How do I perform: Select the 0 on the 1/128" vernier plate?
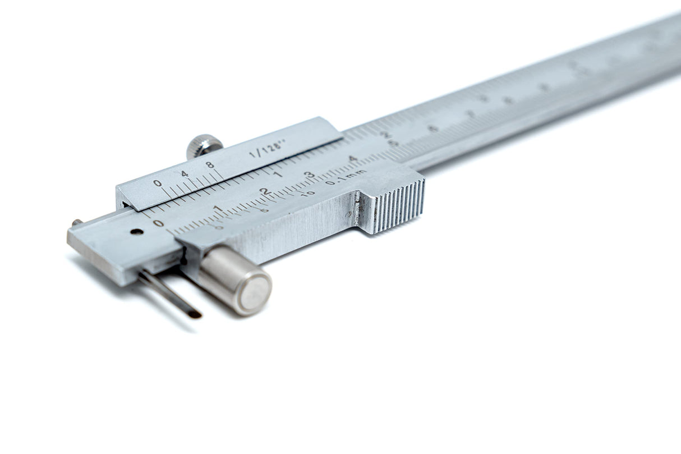click(157, 183)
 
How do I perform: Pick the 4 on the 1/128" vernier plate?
click(185, 174)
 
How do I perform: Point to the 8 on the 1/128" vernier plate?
click(210, 166)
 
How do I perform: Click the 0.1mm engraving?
click(346, 177)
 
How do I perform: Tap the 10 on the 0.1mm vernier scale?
click(309, 192)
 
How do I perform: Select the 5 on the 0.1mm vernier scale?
click(264, 210)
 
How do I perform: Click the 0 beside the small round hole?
click(159, 223)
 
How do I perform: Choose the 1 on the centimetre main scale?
click(218, 209)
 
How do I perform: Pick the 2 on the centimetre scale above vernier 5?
click(264, 192)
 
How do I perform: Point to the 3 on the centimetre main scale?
click(309, 175)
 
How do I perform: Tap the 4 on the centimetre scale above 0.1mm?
click(353, 159)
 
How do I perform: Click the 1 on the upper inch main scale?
click(279, 175)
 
